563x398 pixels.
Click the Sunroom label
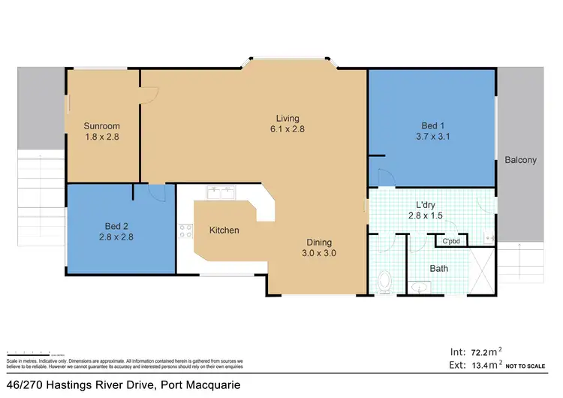click(x=102, y=126)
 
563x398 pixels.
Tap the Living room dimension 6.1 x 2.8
click(x=287, y=129)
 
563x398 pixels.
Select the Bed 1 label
click(x=431, y=126)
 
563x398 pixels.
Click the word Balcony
click(x=520, y=160)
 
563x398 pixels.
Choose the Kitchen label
click(x=224, y=230)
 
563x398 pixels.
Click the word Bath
click(x=439, y=268)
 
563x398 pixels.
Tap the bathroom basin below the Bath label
click(x=418, y=287)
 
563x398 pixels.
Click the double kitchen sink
click(x=221, y=192)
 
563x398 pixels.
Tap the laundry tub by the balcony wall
click(x=490, y=238)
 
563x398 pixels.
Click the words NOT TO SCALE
click(x=534, y=366)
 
